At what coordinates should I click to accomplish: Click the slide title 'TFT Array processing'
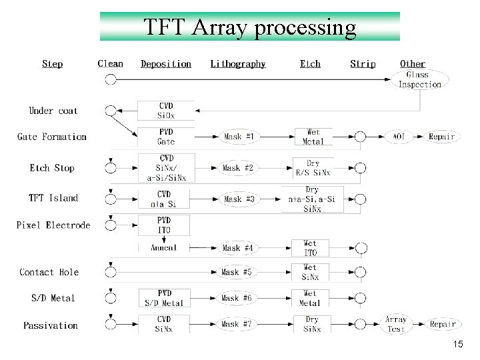(250, 27)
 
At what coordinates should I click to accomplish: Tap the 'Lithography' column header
(238, 64)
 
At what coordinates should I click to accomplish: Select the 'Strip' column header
(363, 64)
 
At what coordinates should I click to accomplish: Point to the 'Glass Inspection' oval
(420, 80)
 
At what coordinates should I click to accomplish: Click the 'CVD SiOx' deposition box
(166, 111)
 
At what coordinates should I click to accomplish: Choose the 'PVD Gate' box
(166, 137)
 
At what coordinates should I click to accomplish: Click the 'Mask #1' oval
(238, 137)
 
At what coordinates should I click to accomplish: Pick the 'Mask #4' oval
(238, 248)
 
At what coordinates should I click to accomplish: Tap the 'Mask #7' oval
(238, 325)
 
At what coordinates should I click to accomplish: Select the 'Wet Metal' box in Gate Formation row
(313, 137)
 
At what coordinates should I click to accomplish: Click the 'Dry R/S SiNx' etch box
(313, 168)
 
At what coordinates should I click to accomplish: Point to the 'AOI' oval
(399, 137)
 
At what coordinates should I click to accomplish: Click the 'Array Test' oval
(396, 325)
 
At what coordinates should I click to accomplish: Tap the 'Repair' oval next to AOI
(441, 137)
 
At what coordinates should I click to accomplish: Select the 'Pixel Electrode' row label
(53, 225)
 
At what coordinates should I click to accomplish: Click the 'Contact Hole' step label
(49, 272)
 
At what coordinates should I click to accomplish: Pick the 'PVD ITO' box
(164, 225)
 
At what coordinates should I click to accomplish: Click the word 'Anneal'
(164, 248)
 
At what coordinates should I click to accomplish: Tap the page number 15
(457, 345)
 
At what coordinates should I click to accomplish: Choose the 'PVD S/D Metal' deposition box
(164, 298)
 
